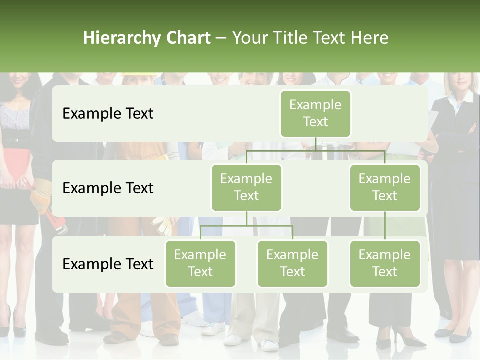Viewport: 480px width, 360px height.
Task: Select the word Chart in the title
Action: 187,38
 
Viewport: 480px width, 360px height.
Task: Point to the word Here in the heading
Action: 369,38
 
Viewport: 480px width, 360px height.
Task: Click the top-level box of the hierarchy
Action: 315,113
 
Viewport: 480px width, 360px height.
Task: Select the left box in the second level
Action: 246,187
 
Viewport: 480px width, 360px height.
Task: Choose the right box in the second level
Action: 384,187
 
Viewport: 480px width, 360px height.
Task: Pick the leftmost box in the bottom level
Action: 200,263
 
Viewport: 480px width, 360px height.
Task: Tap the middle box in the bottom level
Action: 292,263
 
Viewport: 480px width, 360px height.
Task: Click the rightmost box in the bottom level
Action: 384,263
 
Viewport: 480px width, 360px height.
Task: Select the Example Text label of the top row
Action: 108,114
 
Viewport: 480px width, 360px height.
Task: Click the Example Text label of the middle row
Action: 108,188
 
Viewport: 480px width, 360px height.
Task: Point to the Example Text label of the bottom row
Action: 108,264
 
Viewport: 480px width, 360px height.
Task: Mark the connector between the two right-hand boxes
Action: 385,226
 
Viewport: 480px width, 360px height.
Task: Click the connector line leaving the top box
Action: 315,144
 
